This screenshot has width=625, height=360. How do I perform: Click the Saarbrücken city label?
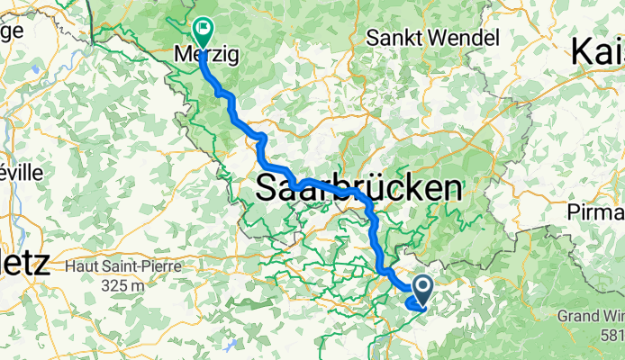pyautogui.click(x=360, y=189)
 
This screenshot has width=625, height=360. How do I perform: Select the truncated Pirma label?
pyautogui.click(x=597, y=212)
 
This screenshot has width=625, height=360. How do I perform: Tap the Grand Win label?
pyautogui.click(x=590, y=317)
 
